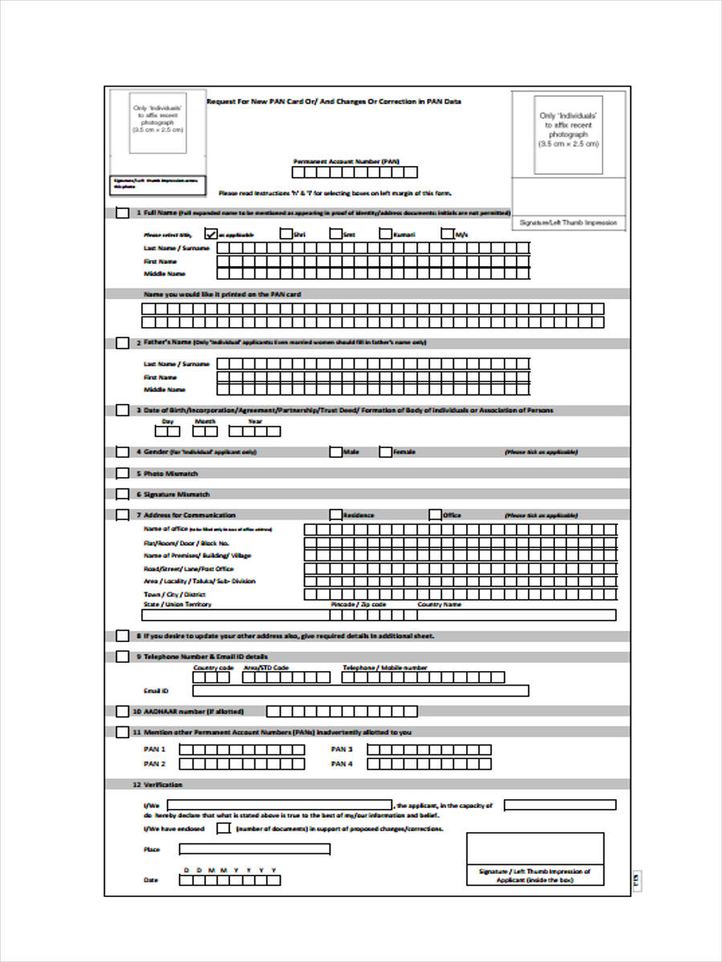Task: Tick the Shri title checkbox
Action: pos(286,234)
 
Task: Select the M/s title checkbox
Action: pos(448,234)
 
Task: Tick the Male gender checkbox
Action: pos(335,452)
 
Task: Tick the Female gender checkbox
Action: pos(385,452)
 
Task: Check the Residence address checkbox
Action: pos(335,515)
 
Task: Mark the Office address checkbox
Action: pos(435,515)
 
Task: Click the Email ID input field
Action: pos(360,690)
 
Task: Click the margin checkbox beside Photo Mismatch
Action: pos(122,474)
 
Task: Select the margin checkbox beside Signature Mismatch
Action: pos(122,495)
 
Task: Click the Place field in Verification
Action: pos(254,849)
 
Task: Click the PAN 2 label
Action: pos(154,764)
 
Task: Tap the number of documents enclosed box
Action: pos(224,828)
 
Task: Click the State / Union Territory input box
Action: pos(236,616)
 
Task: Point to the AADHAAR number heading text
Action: pos(193,711)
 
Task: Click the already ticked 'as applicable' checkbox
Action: pos(211,234)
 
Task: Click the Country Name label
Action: pos(440,604)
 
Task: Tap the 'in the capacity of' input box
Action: pos(560,805)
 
